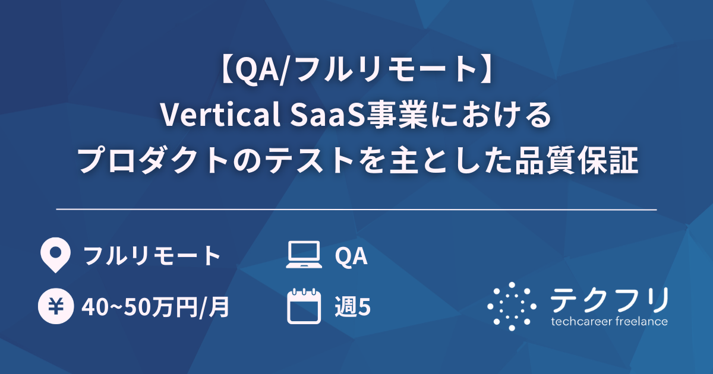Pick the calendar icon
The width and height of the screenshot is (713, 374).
(303, 306)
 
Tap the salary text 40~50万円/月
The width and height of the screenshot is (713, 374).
(156, 308)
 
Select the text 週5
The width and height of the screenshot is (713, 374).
(353, 308)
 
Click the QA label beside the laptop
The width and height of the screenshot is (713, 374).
(351, 256)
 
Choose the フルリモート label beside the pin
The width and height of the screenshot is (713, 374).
(152, 256)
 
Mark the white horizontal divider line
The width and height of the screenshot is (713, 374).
(356, 210)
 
